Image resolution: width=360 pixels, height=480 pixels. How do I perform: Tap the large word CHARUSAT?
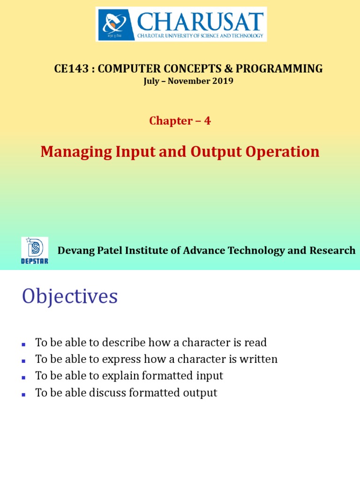tap(200, 22)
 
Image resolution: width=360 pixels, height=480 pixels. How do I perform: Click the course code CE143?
tap(71, 68)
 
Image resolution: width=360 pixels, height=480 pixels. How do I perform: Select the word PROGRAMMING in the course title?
tap(279, 68)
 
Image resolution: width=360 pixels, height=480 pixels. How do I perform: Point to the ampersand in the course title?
tap(228, 68)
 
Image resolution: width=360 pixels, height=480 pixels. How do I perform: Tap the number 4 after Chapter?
tap(208, 120)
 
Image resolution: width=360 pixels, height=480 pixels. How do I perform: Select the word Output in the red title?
tap(216, 152)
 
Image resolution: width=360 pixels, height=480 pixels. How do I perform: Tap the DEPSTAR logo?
tap(35, 251)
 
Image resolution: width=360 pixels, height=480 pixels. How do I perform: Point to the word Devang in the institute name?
tap(76, 251)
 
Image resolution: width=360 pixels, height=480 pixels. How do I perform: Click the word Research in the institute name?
tap(332, 250)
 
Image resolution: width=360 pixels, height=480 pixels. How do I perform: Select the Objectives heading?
tap(70, 296)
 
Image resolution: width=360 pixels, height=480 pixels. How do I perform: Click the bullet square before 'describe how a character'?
tap(23, 345)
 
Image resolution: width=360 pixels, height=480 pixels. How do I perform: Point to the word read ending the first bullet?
tap(255, 342)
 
